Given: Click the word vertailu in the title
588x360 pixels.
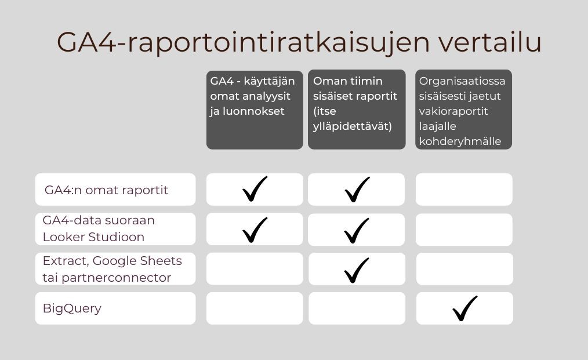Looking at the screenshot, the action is [490, 42].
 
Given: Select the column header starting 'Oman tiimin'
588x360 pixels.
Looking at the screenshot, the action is [357, 110].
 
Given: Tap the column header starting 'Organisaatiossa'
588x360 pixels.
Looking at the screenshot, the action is [463, 110].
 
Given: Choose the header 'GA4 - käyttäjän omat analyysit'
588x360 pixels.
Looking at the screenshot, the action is [255, 110].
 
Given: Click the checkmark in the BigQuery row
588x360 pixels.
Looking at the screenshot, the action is [464, 308].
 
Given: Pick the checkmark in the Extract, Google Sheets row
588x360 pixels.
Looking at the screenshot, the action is [356, 270].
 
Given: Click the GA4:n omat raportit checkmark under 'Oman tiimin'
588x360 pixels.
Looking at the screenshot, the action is [357, 190].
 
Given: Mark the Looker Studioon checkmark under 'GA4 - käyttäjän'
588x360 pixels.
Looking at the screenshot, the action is [255, 230].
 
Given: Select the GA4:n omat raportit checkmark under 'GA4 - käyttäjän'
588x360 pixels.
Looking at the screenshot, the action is [255, 188].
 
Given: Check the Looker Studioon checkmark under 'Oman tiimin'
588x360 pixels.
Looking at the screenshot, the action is [356, 230].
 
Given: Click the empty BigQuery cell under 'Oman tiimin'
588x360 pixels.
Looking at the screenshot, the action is [357, 308].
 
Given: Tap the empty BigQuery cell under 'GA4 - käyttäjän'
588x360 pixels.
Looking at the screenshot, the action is [255, 308].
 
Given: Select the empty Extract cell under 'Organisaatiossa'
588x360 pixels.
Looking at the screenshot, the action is [464, 268].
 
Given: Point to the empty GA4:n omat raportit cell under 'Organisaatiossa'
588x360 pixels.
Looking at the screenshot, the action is [464, 190].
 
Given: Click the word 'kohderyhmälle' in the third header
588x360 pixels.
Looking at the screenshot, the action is [460, 141].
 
